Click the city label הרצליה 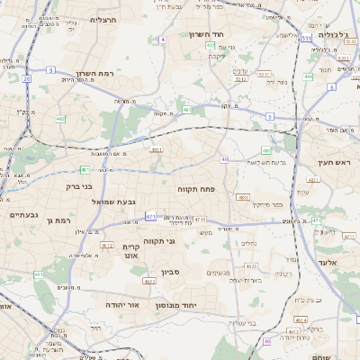tap(105, 19)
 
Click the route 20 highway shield tap(27, 79)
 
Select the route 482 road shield tap(60, 118)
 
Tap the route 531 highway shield tap(307, 39)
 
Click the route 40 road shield tap(224, 159)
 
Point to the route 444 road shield tap(308, 77)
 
